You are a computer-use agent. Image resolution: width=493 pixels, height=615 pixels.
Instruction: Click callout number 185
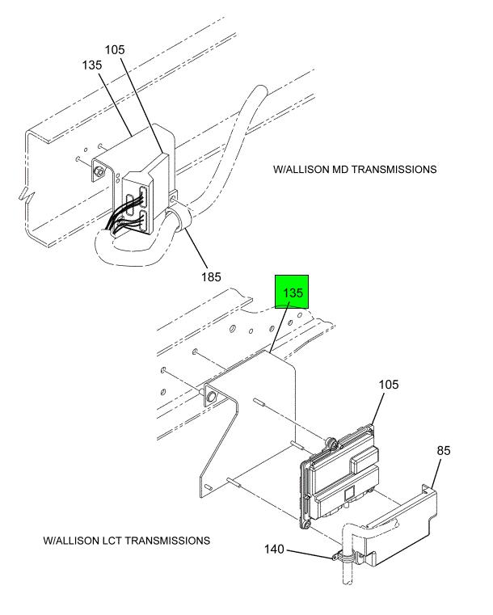(x=211, y=277)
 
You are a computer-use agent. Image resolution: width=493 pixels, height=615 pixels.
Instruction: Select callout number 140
(x=274, y=549)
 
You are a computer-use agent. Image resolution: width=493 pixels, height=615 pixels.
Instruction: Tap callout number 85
(x=443, y=450)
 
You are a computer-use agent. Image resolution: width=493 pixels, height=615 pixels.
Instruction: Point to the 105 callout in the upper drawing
(x=115, y=50)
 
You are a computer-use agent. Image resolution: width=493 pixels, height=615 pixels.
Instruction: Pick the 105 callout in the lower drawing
(x=388, y=384)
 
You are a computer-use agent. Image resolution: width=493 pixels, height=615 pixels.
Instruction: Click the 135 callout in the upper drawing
(x=92, y=65)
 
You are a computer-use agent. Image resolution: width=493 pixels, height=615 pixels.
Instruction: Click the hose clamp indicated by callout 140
(x=345, y=556)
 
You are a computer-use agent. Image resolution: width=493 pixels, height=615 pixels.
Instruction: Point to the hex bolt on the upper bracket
(x=98, y=171)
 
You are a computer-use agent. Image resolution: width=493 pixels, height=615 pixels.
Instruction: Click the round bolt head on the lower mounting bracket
(x=211, y=397)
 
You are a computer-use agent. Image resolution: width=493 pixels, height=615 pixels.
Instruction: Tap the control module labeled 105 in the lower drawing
(x=339, y=476)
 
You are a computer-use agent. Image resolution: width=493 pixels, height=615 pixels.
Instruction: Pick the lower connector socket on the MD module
(x=143, y=221)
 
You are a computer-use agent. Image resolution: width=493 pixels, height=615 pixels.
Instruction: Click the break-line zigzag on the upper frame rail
(x=27, y=195)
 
